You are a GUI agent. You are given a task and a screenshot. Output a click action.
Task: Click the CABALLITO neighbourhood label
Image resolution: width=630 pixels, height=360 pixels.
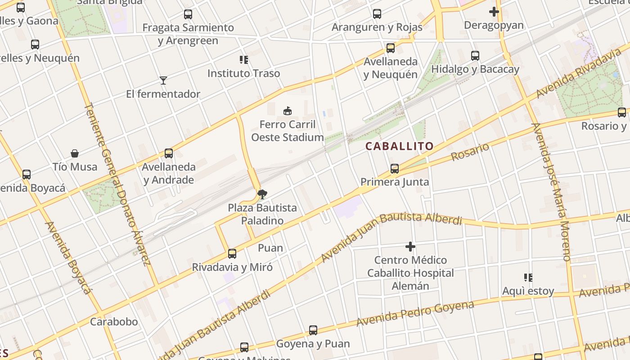coord(399,146)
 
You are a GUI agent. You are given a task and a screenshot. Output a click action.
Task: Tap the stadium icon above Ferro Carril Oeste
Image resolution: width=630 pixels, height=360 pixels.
coord(287,110)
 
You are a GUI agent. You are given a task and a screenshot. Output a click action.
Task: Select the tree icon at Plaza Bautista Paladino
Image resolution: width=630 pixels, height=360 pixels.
coord(262,194)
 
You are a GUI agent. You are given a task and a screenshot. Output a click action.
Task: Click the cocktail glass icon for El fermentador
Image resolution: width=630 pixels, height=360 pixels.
coord(163,81)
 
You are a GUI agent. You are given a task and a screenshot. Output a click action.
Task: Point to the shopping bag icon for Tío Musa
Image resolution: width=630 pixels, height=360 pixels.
coord(75,153)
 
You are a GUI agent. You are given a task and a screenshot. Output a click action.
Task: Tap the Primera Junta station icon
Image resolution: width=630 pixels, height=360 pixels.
coord(395,169)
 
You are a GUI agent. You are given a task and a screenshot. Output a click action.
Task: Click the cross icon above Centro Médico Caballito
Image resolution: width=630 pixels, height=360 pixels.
coord(410,247)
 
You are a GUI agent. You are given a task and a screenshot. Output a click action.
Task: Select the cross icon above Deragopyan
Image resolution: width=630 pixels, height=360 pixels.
coord(494,12)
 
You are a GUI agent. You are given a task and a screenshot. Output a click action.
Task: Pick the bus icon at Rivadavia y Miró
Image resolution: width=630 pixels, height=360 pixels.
coord(232,253)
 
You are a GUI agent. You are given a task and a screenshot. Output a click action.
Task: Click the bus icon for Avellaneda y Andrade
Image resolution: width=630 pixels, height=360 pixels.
coord(169,153)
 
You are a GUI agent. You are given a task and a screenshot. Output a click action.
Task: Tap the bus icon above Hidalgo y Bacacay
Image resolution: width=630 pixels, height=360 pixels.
coord(475,56)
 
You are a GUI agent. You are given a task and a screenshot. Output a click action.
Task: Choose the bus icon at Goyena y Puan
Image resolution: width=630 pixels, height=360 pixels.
coord(313,330)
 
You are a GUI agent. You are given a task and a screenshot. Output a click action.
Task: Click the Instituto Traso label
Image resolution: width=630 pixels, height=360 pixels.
coord(243,73)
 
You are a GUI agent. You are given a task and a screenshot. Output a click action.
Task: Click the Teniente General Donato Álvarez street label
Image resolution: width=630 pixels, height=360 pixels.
coord(117,184)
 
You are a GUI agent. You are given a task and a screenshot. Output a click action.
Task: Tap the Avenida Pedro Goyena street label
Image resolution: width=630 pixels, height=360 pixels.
coord(415,314)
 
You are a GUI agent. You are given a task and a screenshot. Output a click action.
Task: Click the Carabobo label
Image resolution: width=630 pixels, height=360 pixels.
coord(114,322)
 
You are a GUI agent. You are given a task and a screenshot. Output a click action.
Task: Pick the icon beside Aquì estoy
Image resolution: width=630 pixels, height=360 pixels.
coord(528,278)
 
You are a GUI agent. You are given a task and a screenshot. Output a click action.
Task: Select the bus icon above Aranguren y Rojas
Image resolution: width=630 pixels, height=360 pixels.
coord(377,14)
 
